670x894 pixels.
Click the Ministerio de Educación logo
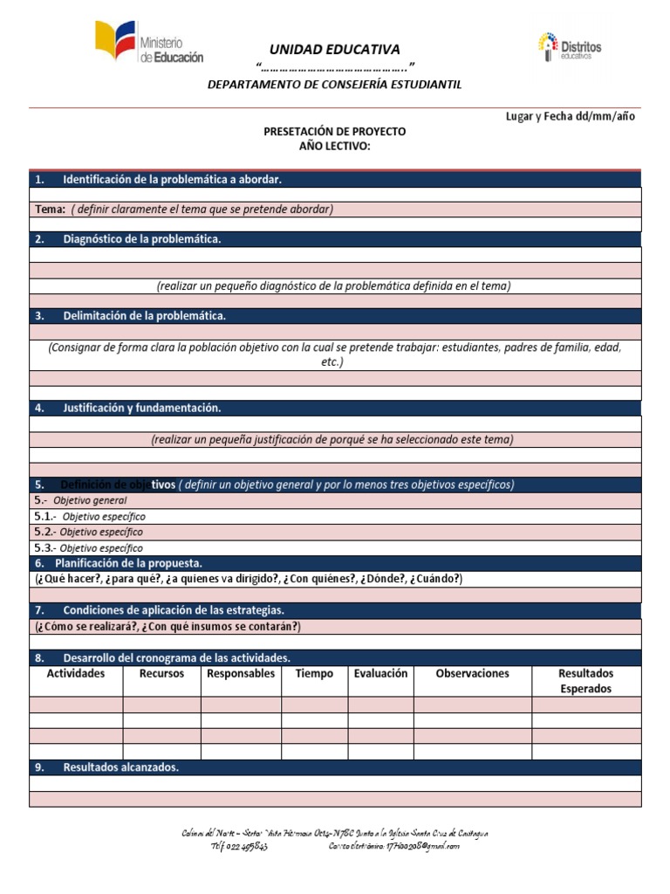[x=149, y=45]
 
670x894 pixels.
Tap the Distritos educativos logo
[x=569, y=47]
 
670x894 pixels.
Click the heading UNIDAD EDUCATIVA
[x=334, y=50]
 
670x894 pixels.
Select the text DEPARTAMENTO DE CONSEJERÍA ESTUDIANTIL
[x=334, y=85]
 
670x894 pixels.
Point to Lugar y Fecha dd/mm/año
[x=571, y=117]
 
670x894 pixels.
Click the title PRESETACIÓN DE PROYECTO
[x=334, y=131]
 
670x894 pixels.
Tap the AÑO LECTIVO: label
[x=334, y=146]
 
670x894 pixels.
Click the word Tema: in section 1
[x=50, y=210]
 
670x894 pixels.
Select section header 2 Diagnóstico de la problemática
[x=141, y=239]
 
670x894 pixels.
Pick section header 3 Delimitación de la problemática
[x=144, y=316]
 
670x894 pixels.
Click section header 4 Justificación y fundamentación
[x=141, y=408]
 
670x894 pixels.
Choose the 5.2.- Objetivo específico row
[x=88, y=532]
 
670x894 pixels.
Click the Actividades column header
[x=76, y=674]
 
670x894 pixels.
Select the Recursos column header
[x=161, y=674]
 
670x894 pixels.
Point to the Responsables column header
[x=241, y=674]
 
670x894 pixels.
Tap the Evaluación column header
[x=380, y=674]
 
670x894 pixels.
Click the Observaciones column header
[x=472, y=674]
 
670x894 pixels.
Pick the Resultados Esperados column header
[x=585, y=681]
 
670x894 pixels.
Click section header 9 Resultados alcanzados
[x=120, y=767]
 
